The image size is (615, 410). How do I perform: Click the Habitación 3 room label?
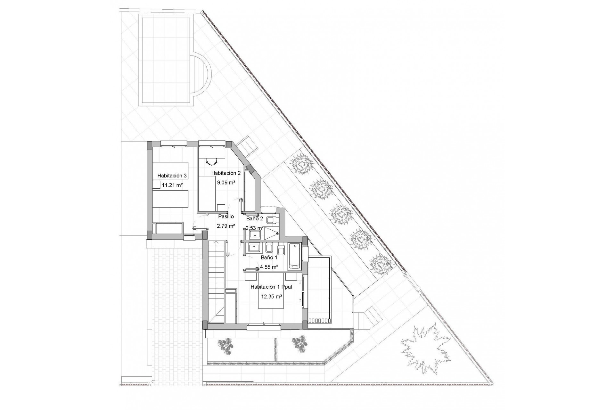172,176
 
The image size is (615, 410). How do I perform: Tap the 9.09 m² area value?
226,183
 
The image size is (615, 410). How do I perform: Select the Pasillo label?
226,217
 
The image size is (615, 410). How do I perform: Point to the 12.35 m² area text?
272,297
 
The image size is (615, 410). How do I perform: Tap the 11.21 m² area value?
172,185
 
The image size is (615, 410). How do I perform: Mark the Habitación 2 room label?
226,173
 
